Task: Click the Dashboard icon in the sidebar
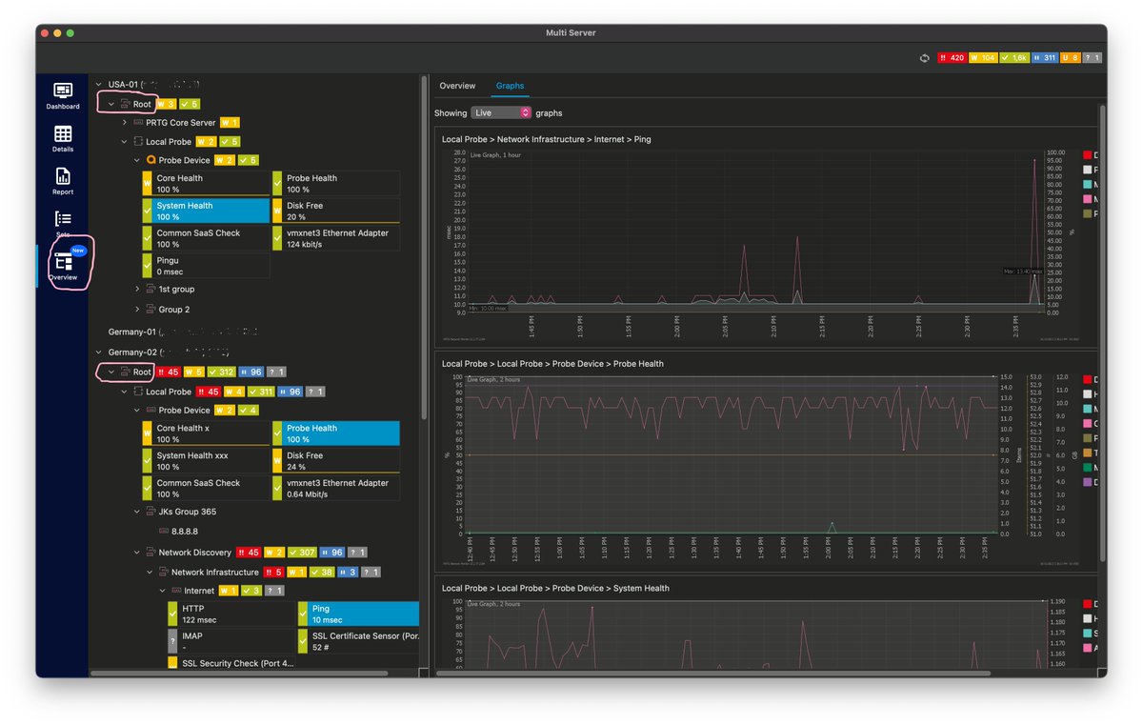(x=63, y=95)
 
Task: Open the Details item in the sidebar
(x=63, y=138)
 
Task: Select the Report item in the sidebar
(x=63, y=181)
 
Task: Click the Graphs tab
(x=510, y=86)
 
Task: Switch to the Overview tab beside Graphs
(x=457, y=86)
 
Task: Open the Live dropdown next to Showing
(x=501, y=112)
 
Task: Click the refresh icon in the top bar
(x=924, y=58)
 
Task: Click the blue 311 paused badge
(x=1044, y=58)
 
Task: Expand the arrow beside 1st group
(x=137, y=288)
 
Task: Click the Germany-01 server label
(x=132, y=332)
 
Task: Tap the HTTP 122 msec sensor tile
(x=231, y=614)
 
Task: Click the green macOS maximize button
(x=70, y=33)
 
